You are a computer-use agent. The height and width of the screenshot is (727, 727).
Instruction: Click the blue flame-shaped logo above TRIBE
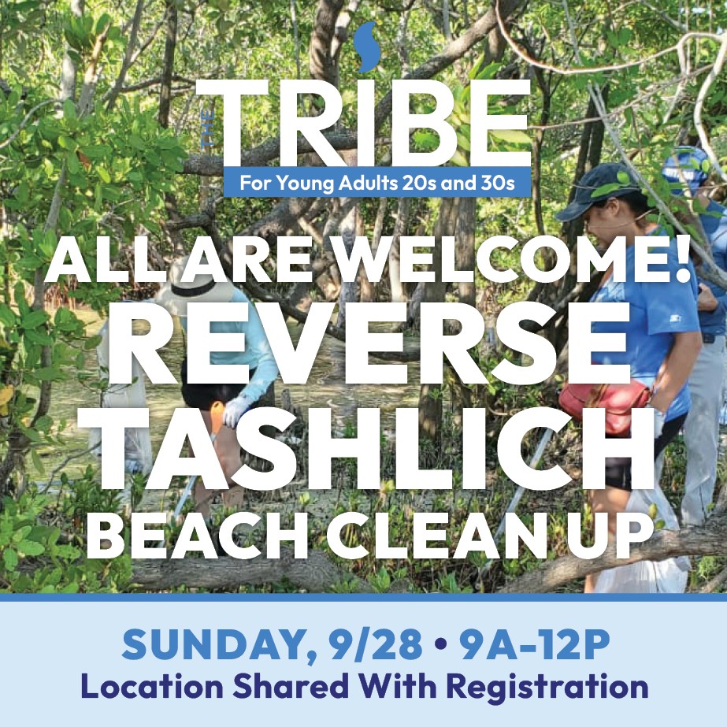click(x=366, y=46)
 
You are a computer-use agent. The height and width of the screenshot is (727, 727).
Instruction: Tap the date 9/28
click(x=372, y=644)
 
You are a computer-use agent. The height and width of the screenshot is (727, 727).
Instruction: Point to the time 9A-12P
click(x=532, y=644)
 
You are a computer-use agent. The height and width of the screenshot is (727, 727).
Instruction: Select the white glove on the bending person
click(x=237, y=410)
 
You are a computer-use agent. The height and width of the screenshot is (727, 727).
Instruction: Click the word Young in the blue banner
click(x=306, y=184)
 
